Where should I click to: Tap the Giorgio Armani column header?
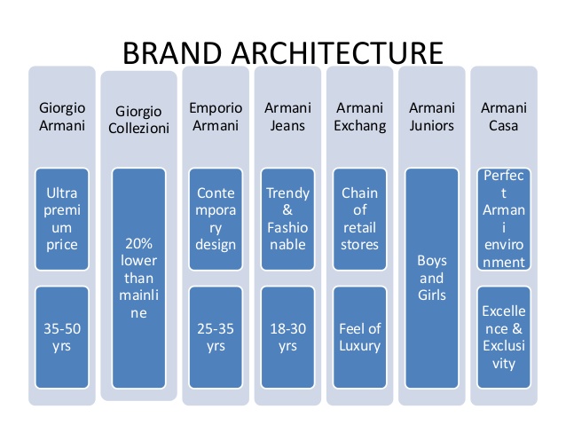click(62, 116)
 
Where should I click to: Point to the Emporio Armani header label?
click(215, 116)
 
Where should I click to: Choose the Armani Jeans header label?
click(287, 116)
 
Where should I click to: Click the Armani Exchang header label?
click(359, 116)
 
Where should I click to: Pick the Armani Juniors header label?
click(432, 116)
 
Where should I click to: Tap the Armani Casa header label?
click(503, 116)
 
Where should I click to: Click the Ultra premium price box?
click(62, 218)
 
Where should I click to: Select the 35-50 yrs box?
click(62, 336)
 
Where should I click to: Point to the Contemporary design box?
click(215, 218)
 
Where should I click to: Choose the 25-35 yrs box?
click(215, 336)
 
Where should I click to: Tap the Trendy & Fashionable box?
click(287, 218)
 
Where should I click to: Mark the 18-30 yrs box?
click(287, 336)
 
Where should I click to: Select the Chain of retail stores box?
click(359, 218)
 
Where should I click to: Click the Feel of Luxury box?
click(359, 336)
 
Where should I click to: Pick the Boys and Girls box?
click(432, 278)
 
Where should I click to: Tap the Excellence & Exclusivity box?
click(503, 336)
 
